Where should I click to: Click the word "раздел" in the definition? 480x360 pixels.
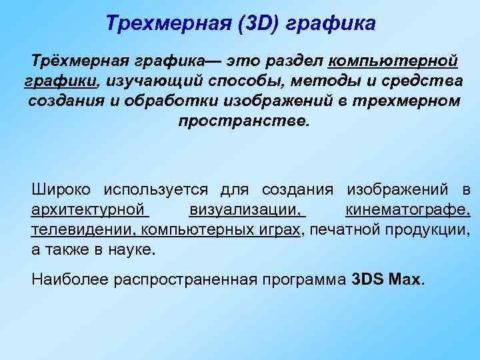point(293,62)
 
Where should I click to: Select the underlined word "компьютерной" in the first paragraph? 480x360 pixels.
point(393,62)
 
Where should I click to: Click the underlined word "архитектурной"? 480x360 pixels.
point(89,211)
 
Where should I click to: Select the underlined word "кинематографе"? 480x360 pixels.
point(407,211)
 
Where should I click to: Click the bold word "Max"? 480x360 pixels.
point(405,279)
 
